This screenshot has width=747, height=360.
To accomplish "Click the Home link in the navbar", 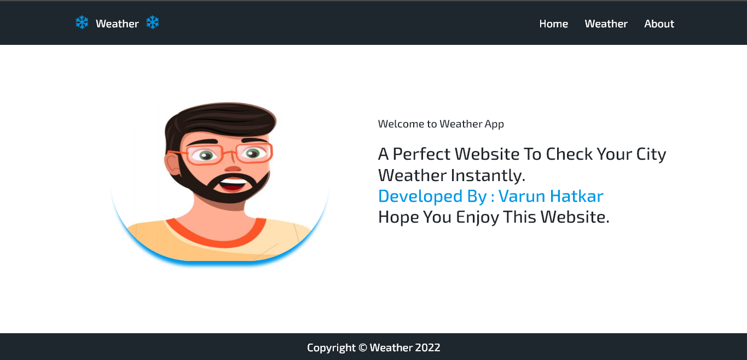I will (x=553, y=24).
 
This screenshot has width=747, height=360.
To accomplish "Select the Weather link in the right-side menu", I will (x=606, y=24).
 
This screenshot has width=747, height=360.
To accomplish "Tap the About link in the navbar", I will (x=659, y=24).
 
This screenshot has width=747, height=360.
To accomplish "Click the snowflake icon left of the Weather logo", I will (x=82, y=22).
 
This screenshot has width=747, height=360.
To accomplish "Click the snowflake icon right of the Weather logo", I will (x=153, y=22).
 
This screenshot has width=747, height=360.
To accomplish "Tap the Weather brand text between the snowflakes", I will (x=117, y=24).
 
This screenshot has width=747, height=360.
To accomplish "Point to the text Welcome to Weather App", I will (x=441, y=124).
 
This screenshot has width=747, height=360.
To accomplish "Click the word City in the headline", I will (x=651, y=154).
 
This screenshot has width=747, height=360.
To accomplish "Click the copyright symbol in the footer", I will (x=362, y=347).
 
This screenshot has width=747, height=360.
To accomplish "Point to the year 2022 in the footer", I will (x=427, y=347).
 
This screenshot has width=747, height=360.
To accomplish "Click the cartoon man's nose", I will (x=233, y=167).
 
